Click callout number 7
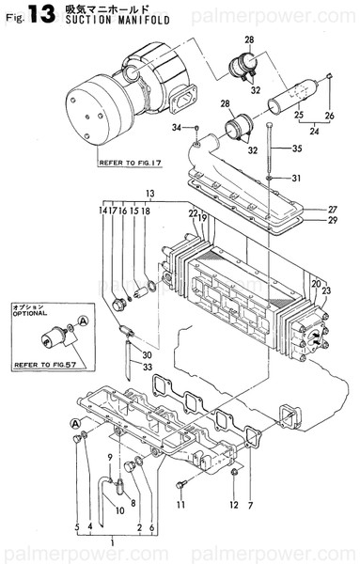point(251,506)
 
